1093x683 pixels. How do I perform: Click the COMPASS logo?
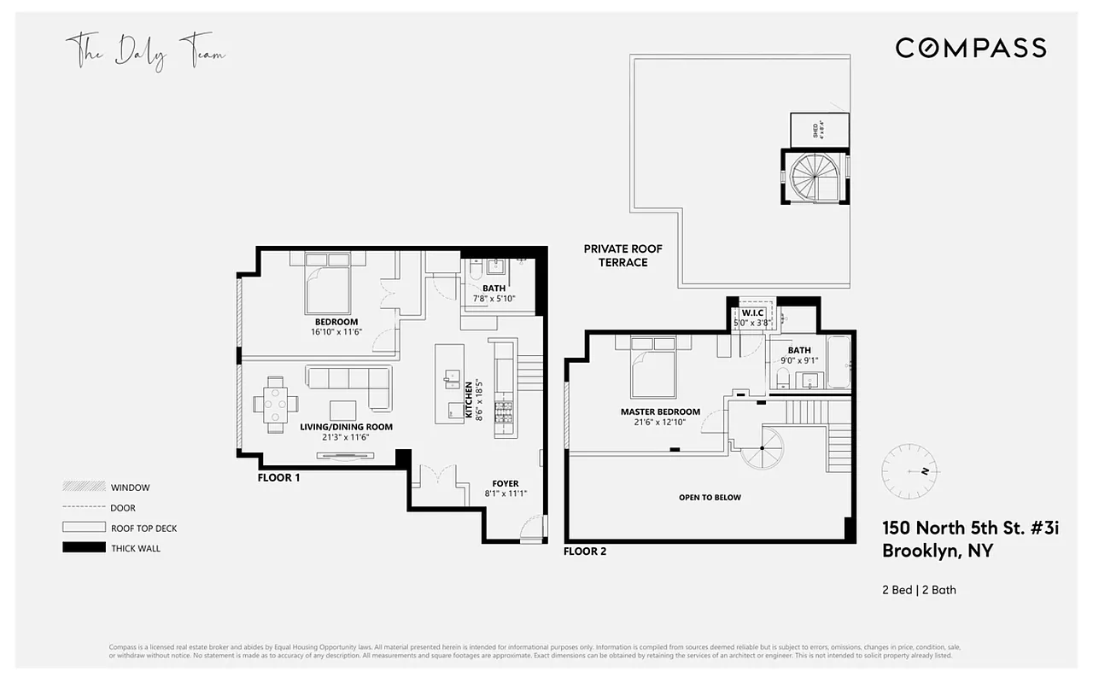point(970,48)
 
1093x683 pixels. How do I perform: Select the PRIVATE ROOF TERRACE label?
point(622,255)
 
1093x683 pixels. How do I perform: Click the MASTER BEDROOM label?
point(660,412)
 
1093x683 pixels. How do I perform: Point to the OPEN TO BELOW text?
point(710,497)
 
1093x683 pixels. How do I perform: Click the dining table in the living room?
point(276,400)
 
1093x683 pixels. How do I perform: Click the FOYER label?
point(506,483)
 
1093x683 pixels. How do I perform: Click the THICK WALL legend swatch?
point(84,548)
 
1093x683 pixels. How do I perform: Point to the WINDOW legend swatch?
point(84,487)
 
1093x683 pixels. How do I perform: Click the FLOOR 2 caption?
point(585,552)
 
